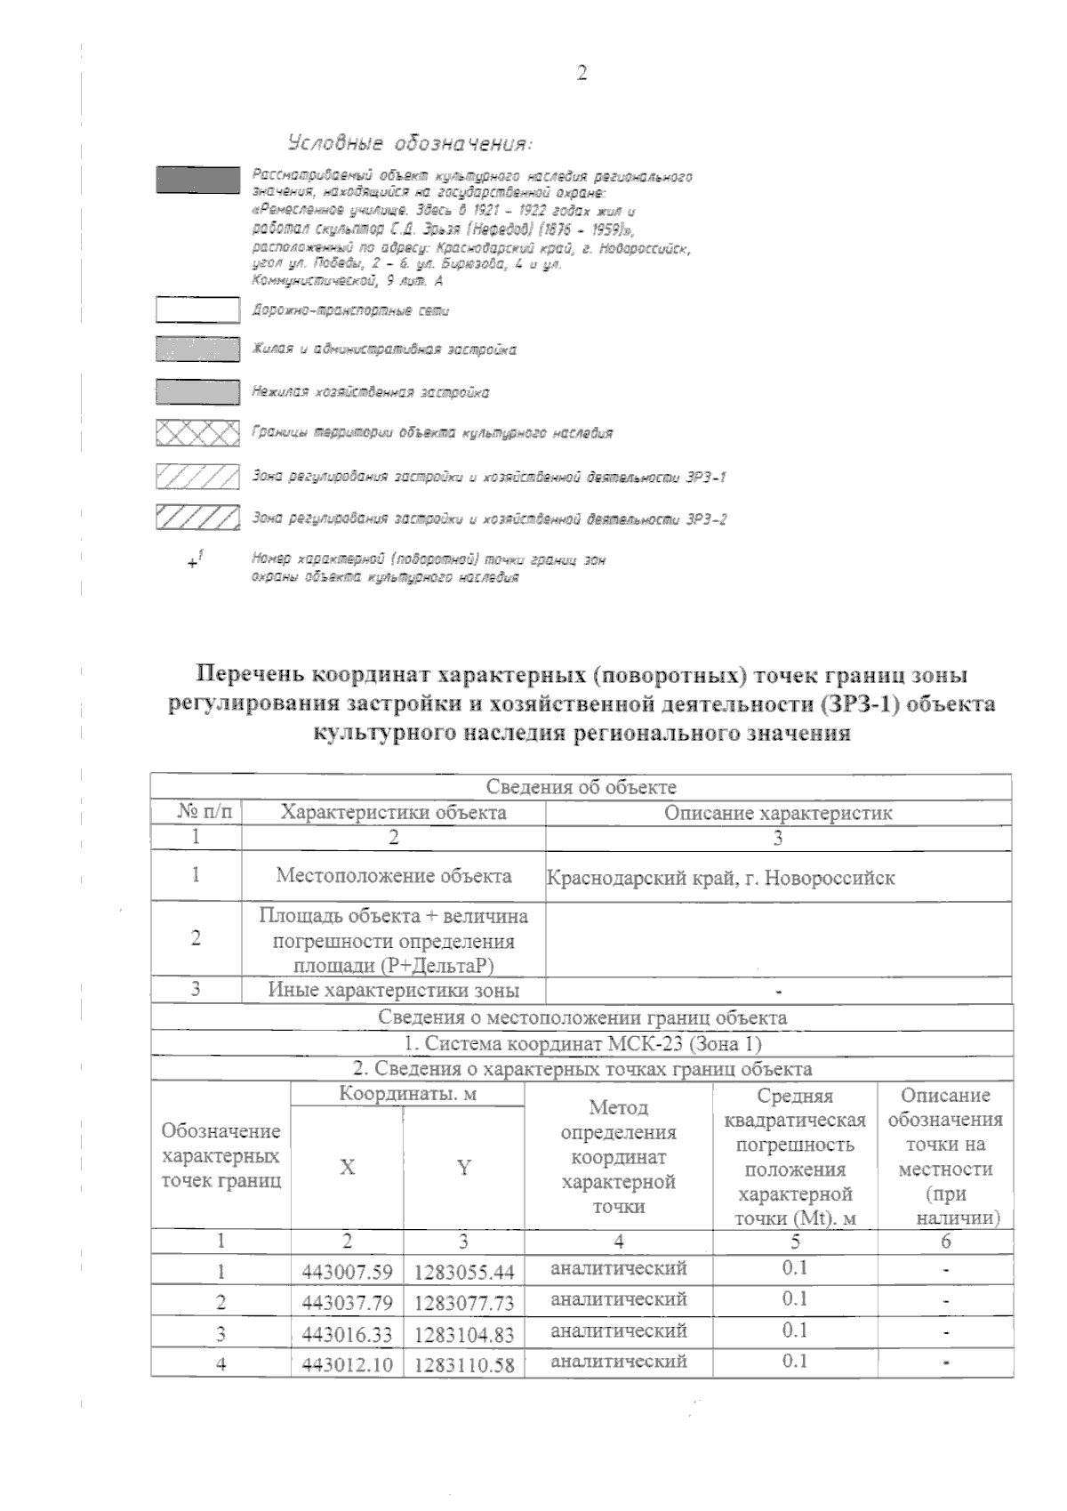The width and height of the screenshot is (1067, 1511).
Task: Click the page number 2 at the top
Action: tap(582, 74)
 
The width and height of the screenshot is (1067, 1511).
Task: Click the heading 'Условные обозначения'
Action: tap(410, 142)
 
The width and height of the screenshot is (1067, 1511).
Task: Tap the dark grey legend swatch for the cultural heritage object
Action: tap(197, 180)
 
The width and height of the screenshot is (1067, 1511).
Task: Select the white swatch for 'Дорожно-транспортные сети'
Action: tap(197, 310)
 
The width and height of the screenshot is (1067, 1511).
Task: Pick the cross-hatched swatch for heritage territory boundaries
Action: tap(197, 433)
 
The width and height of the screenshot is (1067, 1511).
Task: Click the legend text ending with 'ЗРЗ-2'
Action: tap(489, 518)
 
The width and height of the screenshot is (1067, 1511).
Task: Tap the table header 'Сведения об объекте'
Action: tap(581, 787)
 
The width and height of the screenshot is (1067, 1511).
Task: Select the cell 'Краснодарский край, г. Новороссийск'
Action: tap(720, 878)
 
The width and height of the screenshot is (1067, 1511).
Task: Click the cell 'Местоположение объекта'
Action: tap(393, 875)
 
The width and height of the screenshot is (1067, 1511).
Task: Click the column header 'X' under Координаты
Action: tap(347, 1168)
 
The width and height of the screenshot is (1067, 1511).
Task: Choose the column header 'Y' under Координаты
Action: tap(463, 1168)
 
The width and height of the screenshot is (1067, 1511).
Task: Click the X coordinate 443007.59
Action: tap(347, 1272)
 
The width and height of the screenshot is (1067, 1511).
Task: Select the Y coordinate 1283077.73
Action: tap(463, 1303)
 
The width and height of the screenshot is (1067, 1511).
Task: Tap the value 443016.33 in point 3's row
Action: tap(347, 1334)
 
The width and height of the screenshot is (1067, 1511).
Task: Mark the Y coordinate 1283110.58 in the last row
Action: tap(463, 1364)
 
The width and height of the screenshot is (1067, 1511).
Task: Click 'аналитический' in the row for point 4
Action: tap(619, 1361)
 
